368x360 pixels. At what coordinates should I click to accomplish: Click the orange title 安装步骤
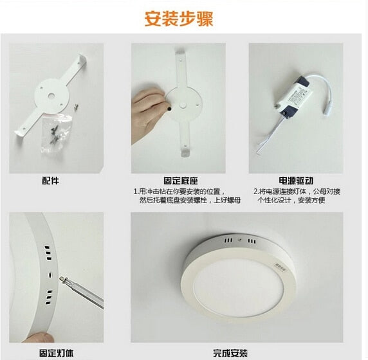coord(183,19)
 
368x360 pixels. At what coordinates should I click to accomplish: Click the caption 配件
coord(51,181)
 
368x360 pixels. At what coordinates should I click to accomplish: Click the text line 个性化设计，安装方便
coord(291,201)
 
